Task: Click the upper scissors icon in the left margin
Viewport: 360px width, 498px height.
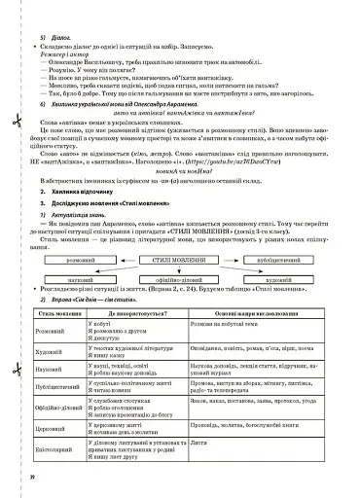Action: click(x=17, y=124)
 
